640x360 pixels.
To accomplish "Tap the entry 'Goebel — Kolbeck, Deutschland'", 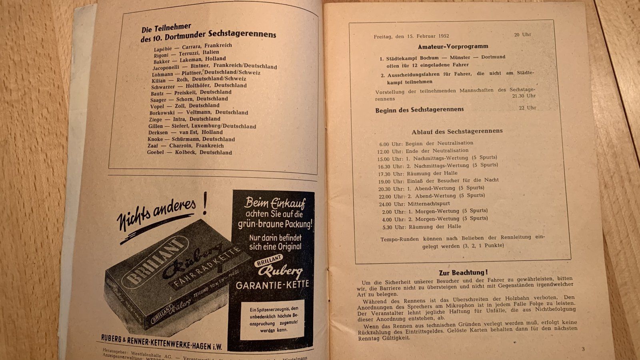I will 190,152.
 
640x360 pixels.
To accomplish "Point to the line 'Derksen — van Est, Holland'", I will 185,132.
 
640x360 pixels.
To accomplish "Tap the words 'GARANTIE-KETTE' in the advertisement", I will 272,285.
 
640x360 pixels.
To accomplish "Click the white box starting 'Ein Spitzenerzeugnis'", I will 274,320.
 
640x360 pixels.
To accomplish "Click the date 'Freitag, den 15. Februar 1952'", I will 412,36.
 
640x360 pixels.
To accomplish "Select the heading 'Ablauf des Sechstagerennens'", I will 457,131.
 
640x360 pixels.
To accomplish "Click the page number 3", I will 583,349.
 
